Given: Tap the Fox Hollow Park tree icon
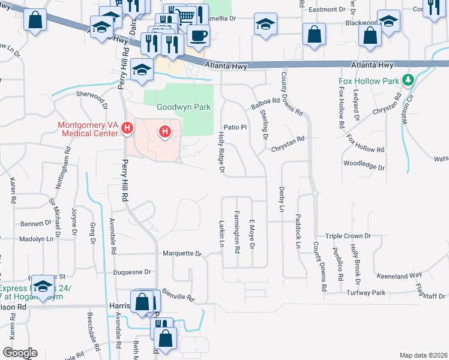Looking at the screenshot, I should click(408, 79).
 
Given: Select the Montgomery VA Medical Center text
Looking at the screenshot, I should click(89, 130).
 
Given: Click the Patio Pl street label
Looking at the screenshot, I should click(235, 127).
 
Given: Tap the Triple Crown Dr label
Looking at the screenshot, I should click(348, 236).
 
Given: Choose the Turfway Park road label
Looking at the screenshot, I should click(369, 293).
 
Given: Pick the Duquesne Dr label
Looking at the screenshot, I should click(132, 272).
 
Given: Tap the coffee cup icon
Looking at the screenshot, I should click(197, 35).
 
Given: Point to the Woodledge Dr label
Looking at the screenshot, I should click(364, 163).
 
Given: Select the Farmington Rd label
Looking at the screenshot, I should click(238, 231).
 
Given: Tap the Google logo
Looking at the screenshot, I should click(20, 352).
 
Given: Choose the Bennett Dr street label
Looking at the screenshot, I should click(37, 223).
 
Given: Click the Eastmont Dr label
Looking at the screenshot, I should click(327, 10).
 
